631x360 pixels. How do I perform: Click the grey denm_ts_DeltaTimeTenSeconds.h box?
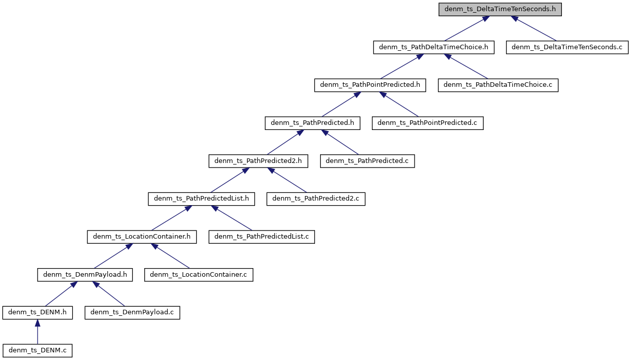500,9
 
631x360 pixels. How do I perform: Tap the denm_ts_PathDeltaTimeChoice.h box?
433,47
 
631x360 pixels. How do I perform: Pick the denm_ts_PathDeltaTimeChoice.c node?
498,85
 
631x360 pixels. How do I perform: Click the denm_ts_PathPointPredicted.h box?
370,85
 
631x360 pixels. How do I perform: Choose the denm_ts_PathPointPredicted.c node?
427,123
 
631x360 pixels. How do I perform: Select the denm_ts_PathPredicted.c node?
367,161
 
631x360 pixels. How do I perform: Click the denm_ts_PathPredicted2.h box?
258,161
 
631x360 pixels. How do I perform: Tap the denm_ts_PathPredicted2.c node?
316,199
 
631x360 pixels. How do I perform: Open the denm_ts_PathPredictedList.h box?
201,199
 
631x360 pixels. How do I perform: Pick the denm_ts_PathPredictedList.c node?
262,237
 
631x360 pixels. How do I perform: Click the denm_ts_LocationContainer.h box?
142,237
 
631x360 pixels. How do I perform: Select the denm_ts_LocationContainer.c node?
199,275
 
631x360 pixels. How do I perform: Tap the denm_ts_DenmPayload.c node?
132,313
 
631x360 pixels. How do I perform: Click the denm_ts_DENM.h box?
37,313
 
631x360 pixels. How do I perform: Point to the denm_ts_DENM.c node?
37,350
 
